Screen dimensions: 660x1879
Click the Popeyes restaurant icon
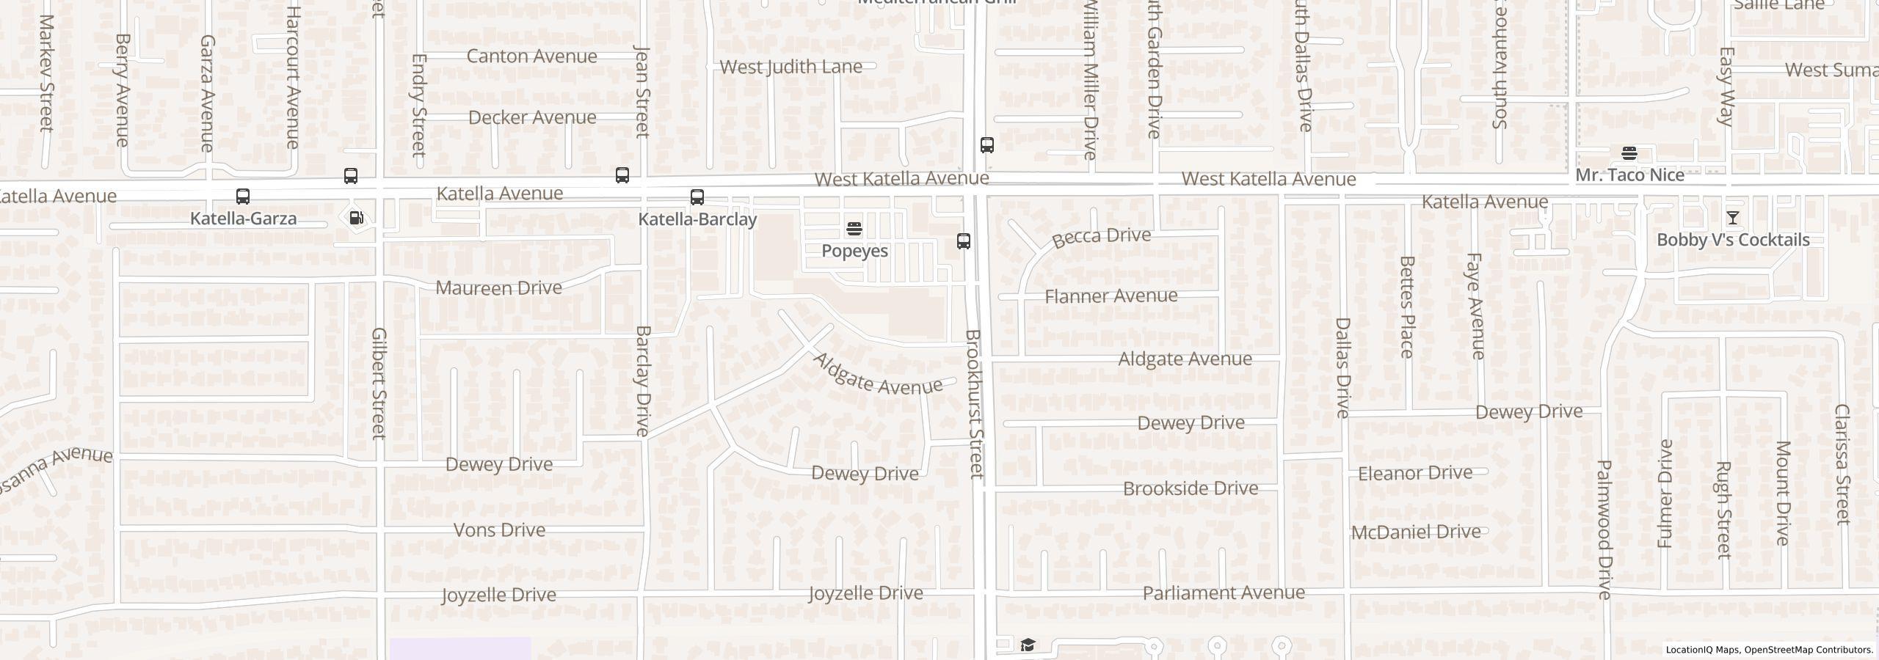coord(854,229)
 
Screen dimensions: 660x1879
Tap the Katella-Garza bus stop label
coord(243,219)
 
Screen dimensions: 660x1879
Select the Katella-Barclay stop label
coord(697,219)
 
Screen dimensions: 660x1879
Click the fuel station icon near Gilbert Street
coord(357,218)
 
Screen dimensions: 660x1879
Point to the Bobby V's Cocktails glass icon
coord(1732,218)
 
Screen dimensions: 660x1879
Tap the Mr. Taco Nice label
coord(1629,175)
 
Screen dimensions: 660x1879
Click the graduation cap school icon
coord(1028,645)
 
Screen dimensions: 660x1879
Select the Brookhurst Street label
coord(974,404)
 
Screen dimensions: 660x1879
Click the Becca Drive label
coord(1101,237)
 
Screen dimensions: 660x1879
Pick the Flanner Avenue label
coord(1111,296)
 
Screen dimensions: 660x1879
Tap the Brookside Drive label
coord(1190,488)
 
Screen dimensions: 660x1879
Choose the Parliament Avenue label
coord(1224,593)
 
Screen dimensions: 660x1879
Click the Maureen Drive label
coord(498,287)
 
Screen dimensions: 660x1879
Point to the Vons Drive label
coord(499,530)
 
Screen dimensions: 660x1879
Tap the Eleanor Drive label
coord(1414,473)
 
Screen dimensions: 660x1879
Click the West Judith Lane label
coord(791,67)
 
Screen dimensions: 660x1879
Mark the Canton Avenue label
coord(531,56)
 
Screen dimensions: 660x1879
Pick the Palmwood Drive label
coord(1604,529)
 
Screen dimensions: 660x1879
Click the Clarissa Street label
coord(1842,464)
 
